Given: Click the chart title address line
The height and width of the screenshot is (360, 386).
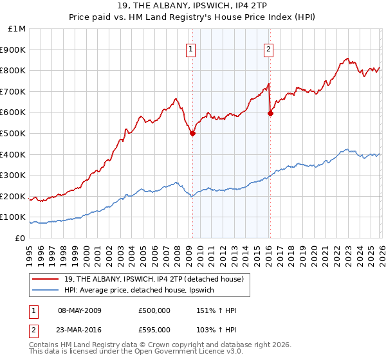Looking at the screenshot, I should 193,6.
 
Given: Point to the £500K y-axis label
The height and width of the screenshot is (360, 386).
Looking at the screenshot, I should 14,134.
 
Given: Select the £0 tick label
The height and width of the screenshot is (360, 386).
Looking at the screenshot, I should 21,239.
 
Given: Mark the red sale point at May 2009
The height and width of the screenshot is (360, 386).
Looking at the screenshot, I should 192,134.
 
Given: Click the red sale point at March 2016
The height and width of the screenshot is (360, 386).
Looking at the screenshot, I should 270,114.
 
